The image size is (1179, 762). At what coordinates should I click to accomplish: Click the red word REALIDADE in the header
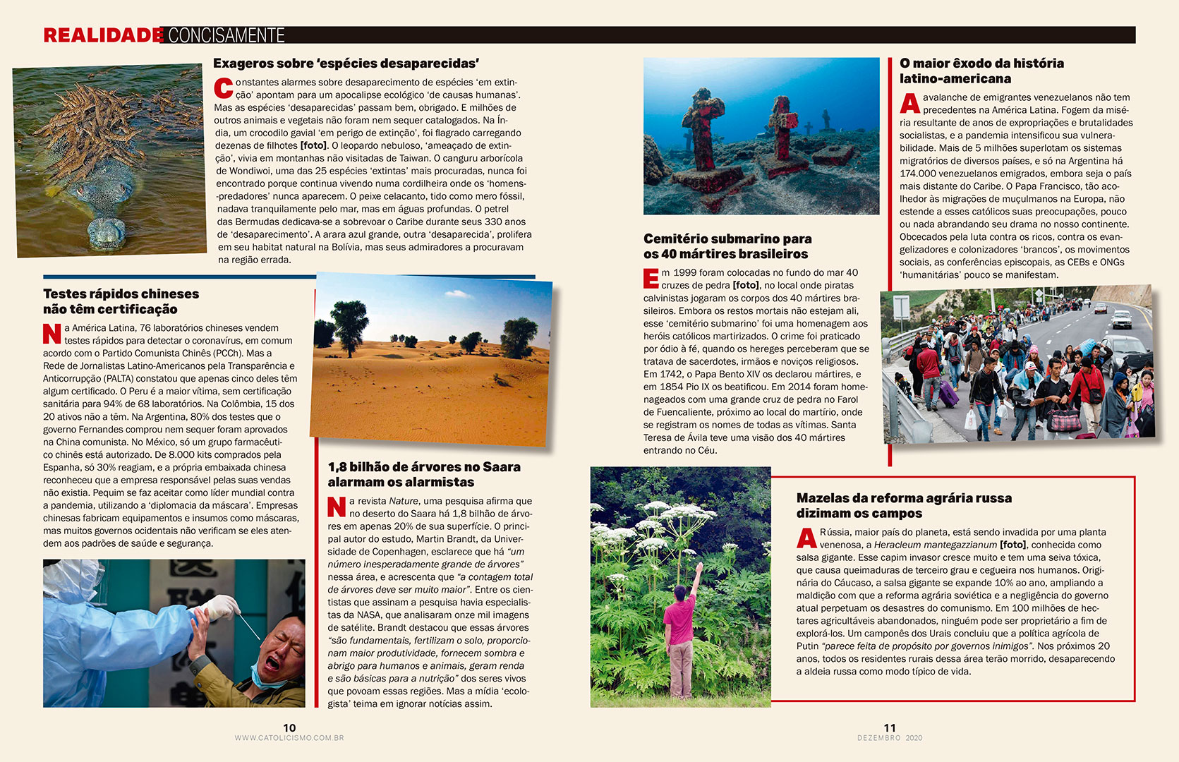(103, 35)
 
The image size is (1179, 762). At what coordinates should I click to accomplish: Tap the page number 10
(289, 727)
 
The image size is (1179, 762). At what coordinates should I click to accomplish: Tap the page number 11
(890, 727)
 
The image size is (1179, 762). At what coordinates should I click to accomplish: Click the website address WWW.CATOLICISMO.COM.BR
(289, 738)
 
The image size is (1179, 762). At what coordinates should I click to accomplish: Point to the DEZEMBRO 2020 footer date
(890, 738)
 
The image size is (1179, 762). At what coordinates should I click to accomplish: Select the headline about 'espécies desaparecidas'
(346, 64)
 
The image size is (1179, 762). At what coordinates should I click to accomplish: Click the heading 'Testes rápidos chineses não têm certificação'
(121, 301)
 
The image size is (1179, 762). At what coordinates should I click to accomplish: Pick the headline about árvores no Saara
(424, 474)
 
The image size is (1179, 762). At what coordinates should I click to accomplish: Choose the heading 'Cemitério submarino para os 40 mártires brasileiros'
(727, 246)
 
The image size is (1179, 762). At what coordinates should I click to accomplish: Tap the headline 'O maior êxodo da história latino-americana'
(981, 71)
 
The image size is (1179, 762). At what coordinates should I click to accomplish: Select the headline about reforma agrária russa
(904, 506)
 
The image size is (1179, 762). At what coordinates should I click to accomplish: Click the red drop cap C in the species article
(223, 88)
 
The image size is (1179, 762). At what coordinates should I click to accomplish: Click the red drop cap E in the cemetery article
(651, 278)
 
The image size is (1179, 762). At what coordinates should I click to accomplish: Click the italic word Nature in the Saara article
(404, 501)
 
